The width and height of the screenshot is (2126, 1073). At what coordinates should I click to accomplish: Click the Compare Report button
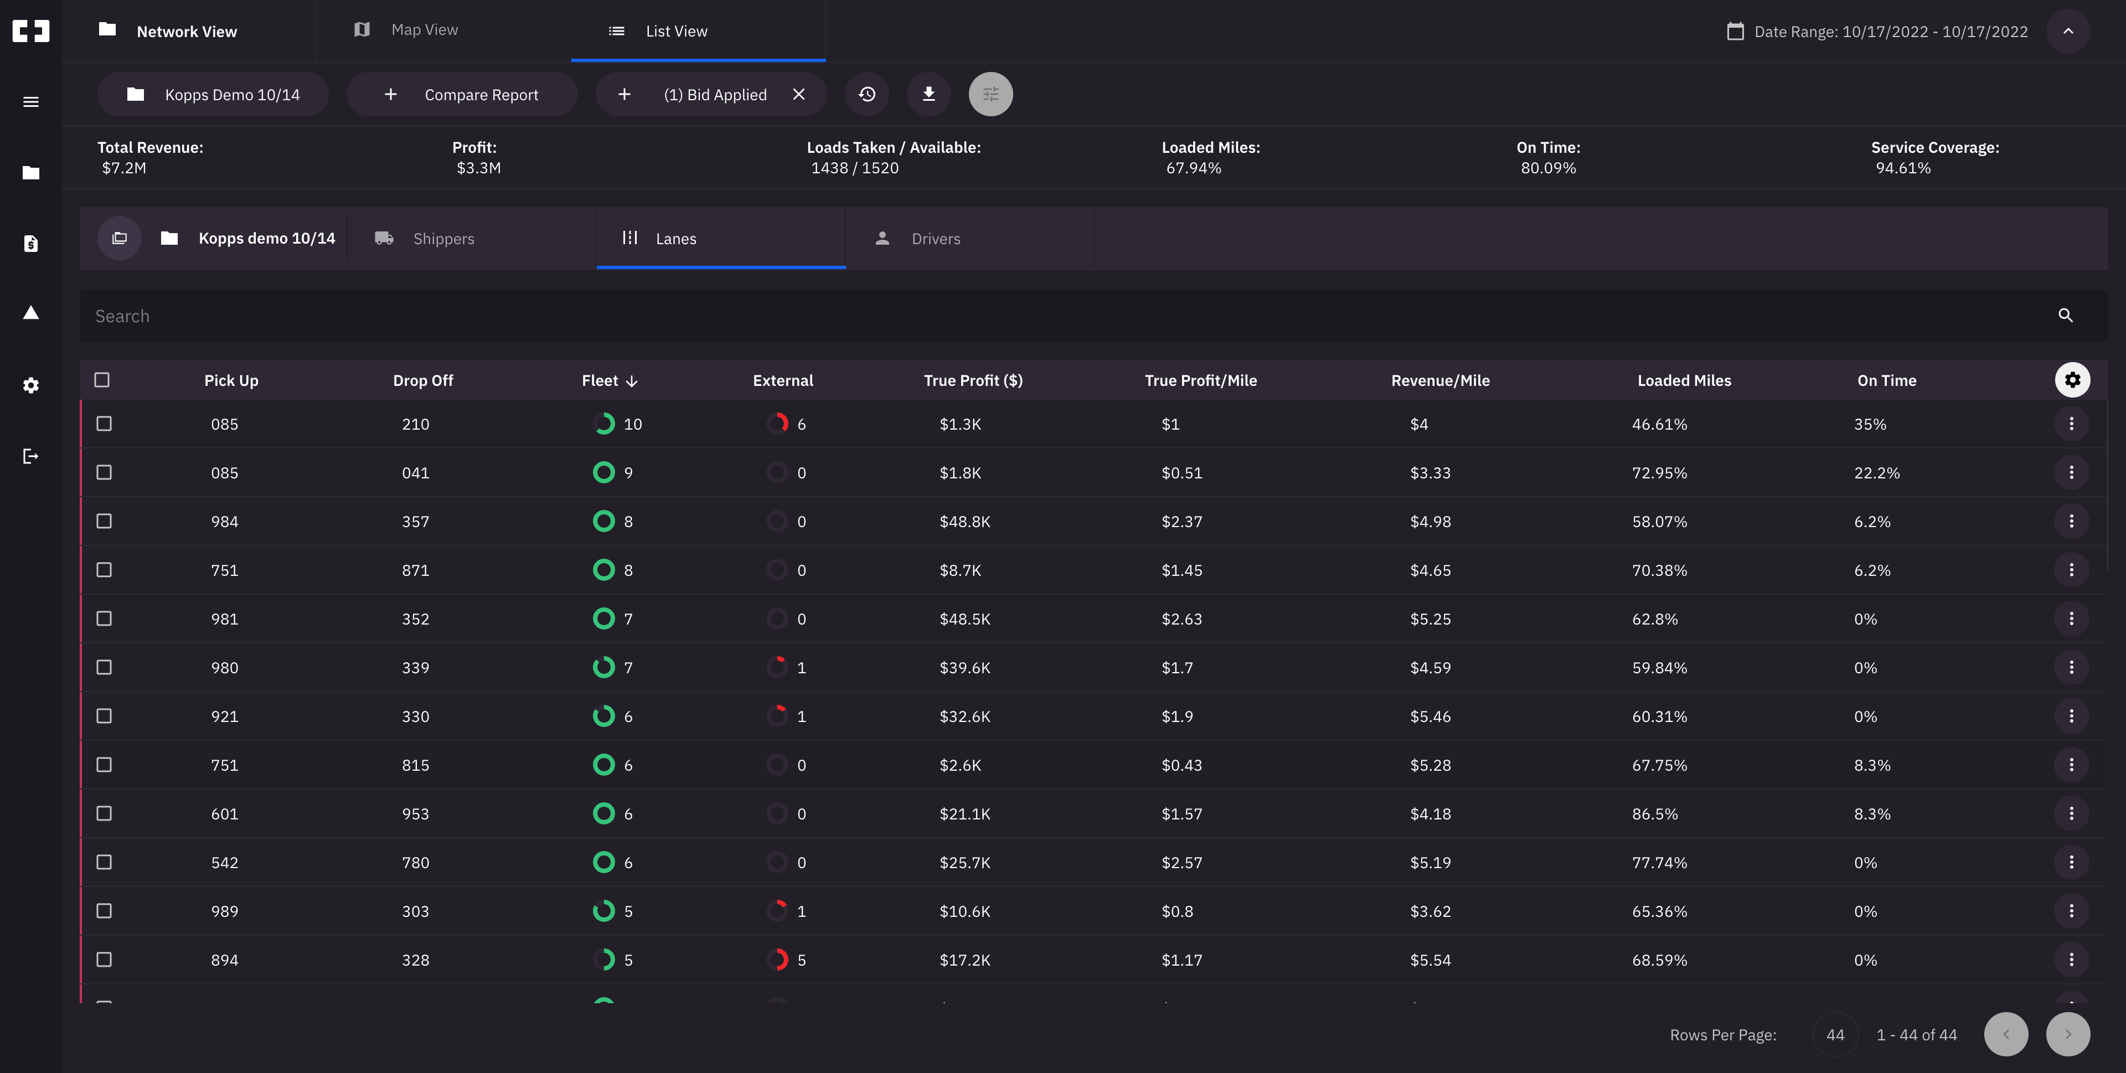[461, 95]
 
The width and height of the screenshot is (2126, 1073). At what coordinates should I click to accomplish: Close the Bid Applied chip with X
[798, 95]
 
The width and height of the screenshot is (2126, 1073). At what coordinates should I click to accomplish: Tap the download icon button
[928, 94]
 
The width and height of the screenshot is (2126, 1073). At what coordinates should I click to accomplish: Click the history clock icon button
[866, 94]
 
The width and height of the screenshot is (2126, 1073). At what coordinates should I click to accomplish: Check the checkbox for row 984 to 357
[104, 522]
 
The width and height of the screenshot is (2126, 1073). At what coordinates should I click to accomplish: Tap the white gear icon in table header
[2072, 380]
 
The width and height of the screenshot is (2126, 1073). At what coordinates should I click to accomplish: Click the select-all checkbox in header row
[102, 380]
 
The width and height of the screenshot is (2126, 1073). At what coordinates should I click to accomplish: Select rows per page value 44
[1835, 1035]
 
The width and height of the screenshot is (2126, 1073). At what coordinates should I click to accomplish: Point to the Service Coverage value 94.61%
[1902, 168]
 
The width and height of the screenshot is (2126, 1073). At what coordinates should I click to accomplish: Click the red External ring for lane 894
[777, 960]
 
